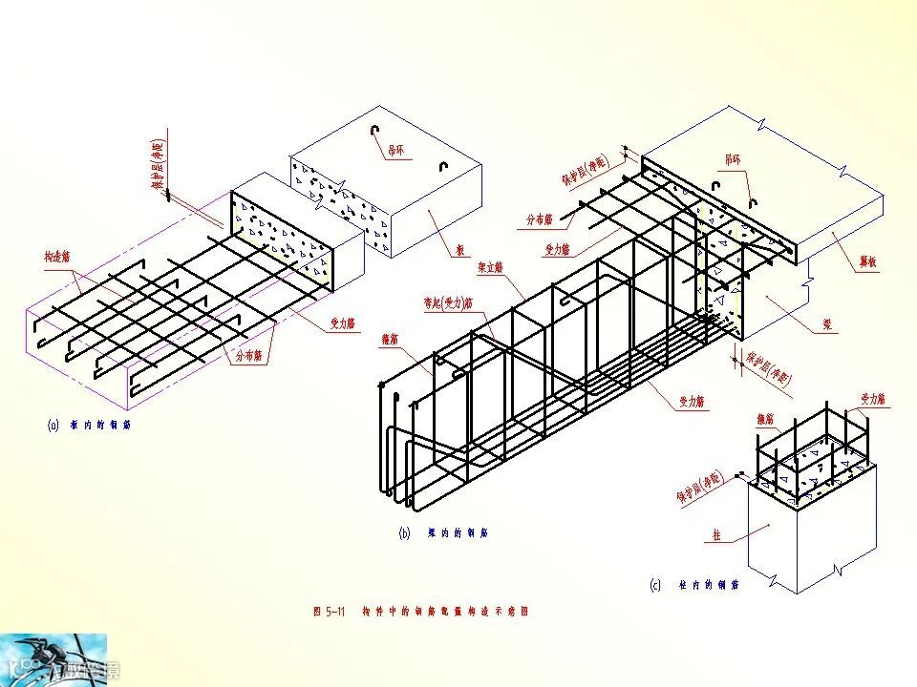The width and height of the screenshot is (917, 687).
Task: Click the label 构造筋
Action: pyautogui.click(x=58, y=258)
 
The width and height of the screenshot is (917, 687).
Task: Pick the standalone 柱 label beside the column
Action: pyautogui.click(x=715, y=535)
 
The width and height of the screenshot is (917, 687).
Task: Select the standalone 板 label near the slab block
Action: pyautogui.click(x=459, y=251)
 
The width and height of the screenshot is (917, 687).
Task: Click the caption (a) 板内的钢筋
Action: pyautogui.click(x=88, y=425)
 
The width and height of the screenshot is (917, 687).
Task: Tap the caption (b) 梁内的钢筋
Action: pyautogui.click(x=443, y=533)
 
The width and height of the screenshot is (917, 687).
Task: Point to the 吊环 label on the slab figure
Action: pyautogui.click(x=395, y=150)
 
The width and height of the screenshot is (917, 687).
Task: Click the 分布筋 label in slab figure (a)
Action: pyautogui.click(x=250, y=355)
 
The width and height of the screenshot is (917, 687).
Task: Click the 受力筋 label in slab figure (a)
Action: pyautogui.click(x=343, y=324)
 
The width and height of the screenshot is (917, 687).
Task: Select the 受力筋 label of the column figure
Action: pyautogui.click(x=874, y=399)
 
